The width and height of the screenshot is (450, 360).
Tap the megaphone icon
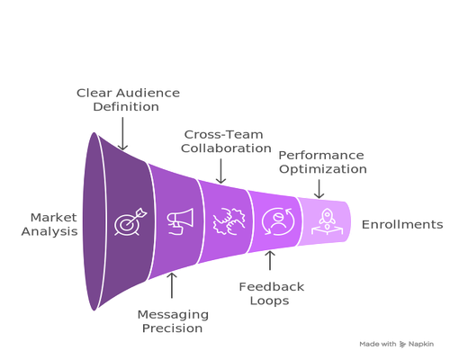pos(180,221)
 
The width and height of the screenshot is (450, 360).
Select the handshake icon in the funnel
pos(229,221)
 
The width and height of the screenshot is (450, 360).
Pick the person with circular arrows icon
pos(278,221)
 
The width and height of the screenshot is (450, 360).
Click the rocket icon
pos(327,221)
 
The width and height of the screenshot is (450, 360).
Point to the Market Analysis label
pos(49,224)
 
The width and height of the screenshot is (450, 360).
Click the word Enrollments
pos(402,224)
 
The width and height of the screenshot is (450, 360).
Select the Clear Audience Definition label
pos(128,100)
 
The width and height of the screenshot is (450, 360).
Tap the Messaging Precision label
pos(173,321)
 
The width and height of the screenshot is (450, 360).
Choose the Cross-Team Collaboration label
pos(226,141)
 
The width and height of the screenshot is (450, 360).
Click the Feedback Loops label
pos(271,293)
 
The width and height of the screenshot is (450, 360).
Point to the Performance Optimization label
pos(322,162)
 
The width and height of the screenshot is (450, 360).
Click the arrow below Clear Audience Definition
pos(122,133)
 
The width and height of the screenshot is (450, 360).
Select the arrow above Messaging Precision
pos(172,285)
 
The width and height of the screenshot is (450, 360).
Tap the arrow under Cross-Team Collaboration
pos(221,171)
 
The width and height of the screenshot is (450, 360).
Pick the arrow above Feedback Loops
pos(270,260)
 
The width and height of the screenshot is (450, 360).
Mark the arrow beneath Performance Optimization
pos(319,189)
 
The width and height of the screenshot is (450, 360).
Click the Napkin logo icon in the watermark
pos(402,344)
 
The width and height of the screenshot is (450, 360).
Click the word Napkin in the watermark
pos(421,344)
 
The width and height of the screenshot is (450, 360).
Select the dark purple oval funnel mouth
pos(94,221)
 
